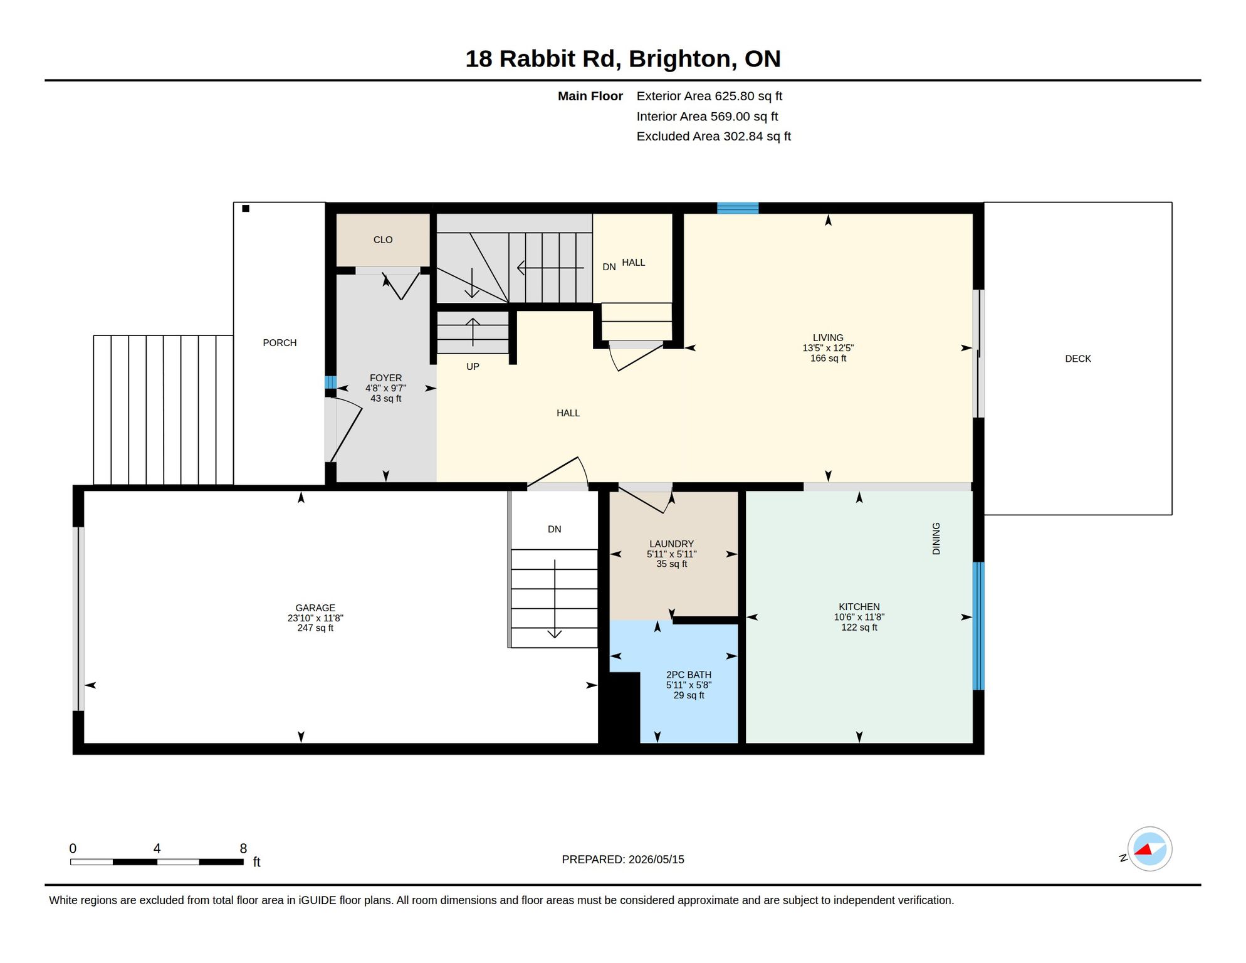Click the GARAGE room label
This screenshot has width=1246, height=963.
(x=315, y=608)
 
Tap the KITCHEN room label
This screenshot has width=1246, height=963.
(x=859, y=606)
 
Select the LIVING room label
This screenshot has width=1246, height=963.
(x=828, y=337)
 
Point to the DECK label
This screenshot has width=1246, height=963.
(x=1077, y=359)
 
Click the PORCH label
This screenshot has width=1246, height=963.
(x=280, y=342)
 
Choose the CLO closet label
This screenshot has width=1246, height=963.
(x=383, y=239)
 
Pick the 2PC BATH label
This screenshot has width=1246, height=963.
(x=688, y=675)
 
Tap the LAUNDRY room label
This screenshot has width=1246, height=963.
(x=671, y=544)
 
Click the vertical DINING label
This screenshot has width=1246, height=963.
(x=936, y=539)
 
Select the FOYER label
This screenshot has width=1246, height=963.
(x=385, y=377)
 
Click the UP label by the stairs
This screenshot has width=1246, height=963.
(x=473, y=366)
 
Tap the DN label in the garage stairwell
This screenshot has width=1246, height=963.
(x=554, y=529)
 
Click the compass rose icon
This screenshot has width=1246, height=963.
(x=1149, y=849)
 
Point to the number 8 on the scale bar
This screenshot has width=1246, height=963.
(x=243, y=848)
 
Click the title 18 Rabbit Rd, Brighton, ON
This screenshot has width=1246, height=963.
(x=622, y=58)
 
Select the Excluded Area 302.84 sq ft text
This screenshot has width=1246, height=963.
(x=713, y=136)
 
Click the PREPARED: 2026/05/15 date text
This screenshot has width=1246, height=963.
(x=622, y=859)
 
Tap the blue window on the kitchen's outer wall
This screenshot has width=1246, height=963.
(x=978, y=626)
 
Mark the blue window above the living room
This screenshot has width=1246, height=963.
(x=738, y=208)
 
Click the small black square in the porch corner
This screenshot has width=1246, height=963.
(x=246, y=209)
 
